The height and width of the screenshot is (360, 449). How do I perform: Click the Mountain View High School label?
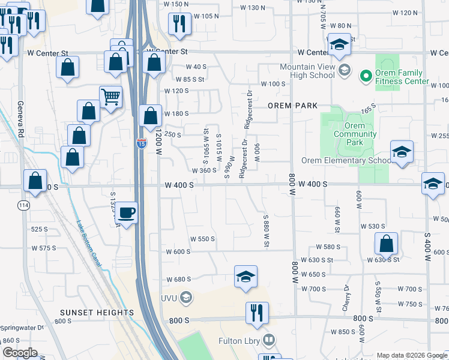[307, 71]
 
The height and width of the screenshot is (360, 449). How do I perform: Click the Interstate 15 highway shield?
[141, 143]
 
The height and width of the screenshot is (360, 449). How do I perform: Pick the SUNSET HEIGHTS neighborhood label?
[97, 313]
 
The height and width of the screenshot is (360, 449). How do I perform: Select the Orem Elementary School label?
[346, 161]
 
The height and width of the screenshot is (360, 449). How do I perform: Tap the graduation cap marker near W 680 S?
[246, 277]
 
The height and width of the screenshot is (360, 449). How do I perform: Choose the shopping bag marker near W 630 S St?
[386, 243]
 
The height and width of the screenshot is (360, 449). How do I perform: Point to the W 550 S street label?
[203, 239]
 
